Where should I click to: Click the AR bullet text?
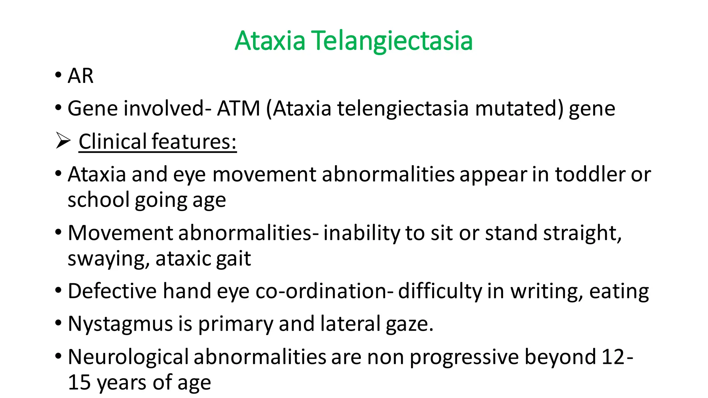click(x=80, y=76)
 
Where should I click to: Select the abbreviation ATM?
click(x=238, y=109)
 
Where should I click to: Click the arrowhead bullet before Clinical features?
click(x=63, y=141)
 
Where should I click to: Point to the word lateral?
click(x=350, y=324)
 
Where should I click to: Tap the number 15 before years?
click(x=79, y=383)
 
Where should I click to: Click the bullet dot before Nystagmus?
click(x=58, y=323)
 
